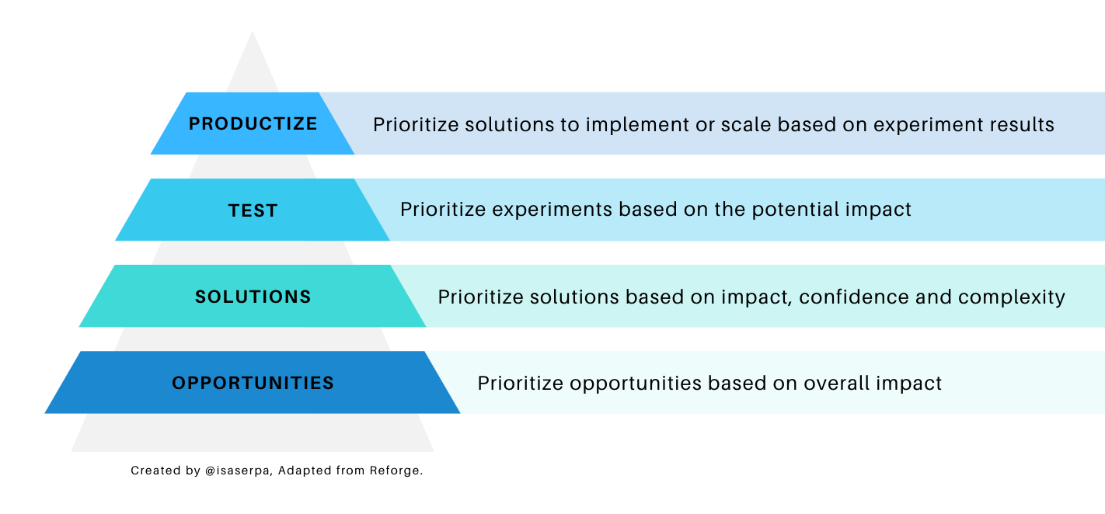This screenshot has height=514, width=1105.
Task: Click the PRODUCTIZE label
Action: pos(253,124)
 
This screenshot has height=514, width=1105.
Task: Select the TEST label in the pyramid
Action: pos(253,210)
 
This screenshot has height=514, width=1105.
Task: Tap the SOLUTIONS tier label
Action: pos(253,297)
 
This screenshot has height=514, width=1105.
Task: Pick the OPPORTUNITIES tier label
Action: pos(253,383)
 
